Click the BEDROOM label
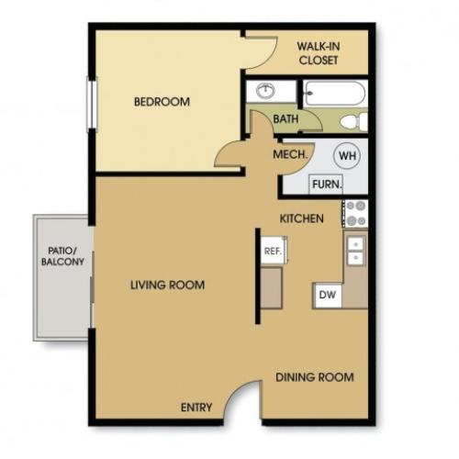162,102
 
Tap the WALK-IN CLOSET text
318,53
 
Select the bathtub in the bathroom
334,95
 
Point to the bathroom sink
266,92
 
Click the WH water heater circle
347,155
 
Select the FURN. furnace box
327,184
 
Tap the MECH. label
289,155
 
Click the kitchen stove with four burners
355,213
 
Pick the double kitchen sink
355,250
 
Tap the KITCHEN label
301,219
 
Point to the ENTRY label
196,408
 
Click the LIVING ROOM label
167,285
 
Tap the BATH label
285,119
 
